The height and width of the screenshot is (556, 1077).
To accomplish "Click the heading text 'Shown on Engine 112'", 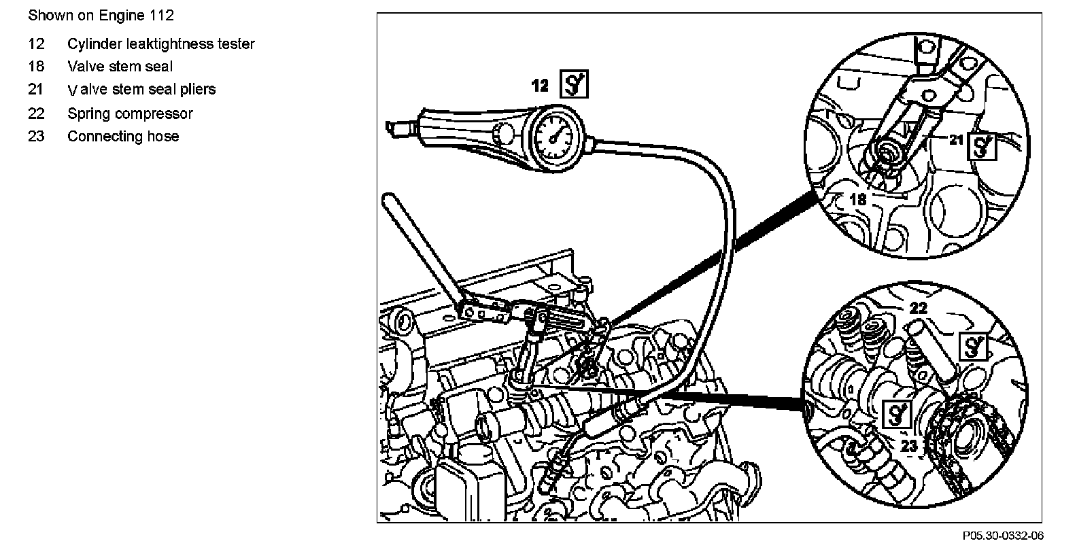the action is tap(101, 15).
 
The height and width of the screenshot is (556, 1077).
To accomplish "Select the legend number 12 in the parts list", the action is tap(36, 44).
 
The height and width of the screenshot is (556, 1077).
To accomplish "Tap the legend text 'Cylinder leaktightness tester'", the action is tap(161, 44).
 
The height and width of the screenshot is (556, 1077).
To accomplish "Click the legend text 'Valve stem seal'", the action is tap(120, 67).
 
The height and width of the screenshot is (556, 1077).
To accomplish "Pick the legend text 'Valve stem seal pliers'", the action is tap(142, 90).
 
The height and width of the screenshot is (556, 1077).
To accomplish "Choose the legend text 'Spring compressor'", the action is tap(130, 114).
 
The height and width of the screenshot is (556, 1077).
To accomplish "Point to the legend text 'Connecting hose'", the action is tap(123, 136).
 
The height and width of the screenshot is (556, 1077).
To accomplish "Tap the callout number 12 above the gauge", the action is tap(540, 86).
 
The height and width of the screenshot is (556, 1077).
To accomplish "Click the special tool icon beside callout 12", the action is tap(574, 85).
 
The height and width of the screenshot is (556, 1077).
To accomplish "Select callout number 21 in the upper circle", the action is tap(957, 140).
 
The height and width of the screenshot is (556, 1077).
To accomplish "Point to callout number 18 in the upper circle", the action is tap(857, 199).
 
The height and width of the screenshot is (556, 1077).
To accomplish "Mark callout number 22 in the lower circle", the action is tap(918, 308).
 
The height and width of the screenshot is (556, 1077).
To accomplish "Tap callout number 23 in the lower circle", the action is tap(910, 445).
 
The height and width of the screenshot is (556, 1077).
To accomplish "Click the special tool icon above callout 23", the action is tap(896, 413).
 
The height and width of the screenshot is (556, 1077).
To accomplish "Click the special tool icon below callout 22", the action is tap(973, 346).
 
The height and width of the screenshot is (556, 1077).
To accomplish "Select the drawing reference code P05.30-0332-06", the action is tap(1002, 536).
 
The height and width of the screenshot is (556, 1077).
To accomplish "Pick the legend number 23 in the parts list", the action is tap(36, 136).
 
